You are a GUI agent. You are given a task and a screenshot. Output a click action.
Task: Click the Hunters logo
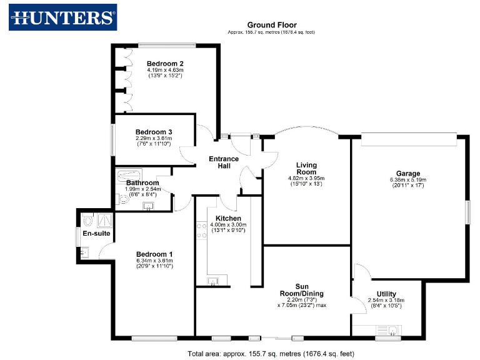(62, 17)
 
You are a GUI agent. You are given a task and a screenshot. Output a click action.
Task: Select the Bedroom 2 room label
(165, 64)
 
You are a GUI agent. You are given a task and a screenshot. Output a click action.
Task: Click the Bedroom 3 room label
(154, 132)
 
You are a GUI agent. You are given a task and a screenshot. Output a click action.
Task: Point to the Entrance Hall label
(224, 162)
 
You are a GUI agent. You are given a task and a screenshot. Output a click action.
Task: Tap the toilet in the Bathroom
(119, 199)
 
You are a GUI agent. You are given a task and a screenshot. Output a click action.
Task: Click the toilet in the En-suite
(87, 221)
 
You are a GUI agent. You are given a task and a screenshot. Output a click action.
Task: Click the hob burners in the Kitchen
(202, 231)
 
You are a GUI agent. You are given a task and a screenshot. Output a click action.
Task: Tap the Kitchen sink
(213, 282)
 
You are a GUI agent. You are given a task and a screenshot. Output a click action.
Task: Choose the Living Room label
(306, 168)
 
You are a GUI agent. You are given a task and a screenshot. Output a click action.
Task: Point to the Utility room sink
(392, 331)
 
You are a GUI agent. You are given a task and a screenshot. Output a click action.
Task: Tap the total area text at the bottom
(271, 353)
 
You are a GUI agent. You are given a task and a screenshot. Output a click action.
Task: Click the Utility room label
(386, 294)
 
